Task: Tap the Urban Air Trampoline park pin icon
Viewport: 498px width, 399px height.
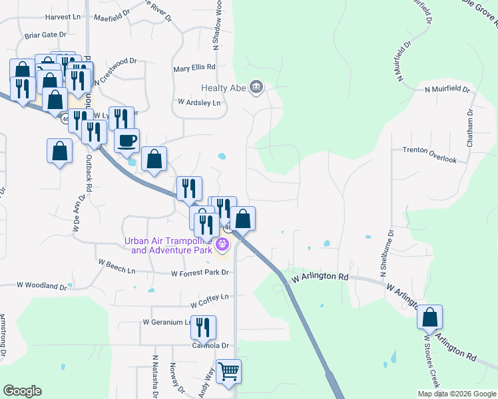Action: point(222,246)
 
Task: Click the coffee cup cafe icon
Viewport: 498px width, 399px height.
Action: point(126,140)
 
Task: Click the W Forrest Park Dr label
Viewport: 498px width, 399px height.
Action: point(200,273)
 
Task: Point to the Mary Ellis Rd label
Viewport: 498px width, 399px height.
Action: point(194,67)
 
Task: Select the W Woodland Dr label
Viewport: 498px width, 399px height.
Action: point(41,286)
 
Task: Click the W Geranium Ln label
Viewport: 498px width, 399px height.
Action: point(162,322)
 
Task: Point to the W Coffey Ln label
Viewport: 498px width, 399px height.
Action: point(209,297)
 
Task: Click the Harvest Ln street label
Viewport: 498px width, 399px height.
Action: point(61,15)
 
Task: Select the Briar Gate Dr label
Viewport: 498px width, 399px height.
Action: point(46,34)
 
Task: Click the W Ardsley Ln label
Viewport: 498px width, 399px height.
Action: point(199,102)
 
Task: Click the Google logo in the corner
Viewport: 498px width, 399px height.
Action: point(22,391)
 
